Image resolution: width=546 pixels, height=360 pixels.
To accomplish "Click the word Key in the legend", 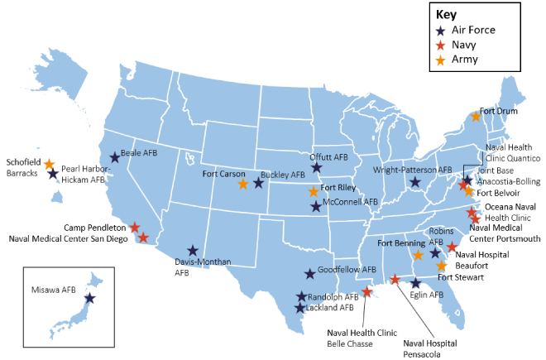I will pos(446,14).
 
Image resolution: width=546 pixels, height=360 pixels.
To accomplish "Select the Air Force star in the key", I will pos(441,30).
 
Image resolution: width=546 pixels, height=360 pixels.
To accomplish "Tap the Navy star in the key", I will pos(441,45).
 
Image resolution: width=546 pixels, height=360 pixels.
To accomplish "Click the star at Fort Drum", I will pos(476,117).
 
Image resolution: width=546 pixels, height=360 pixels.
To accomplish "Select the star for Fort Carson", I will pos(242,184).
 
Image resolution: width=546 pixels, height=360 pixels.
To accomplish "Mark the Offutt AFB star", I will pos(316,167).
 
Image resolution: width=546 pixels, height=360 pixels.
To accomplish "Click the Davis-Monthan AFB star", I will pos(192,250).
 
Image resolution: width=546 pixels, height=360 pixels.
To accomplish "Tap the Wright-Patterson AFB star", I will pos(415,181).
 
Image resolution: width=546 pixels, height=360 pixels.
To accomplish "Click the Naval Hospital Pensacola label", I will pos(431,346).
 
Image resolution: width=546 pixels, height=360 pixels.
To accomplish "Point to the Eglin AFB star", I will pos(415,283).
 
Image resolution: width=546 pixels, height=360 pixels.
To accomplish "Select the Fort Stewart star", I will pos(441,266).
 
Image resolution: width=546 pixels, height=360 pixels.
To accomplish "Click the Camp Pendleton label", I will pos(95,226).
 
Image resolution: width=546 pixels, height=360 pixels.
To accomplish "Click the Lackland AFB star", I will pos(300,308).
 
